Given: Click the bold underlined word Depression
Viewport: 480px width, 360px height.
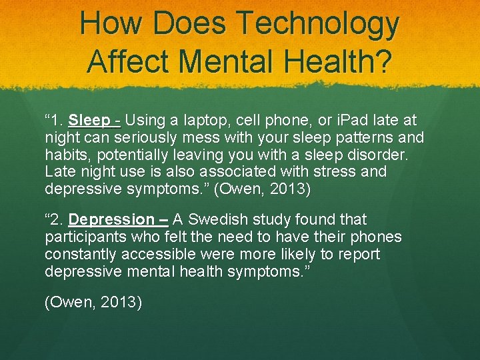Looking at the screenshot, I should click(111, 219).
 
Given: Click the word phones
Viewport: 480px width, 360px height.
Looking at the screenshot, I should click(375, 237).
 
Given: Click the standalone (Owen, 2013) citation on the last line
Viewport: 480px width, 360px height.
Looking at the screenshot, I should click(93, 303).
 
